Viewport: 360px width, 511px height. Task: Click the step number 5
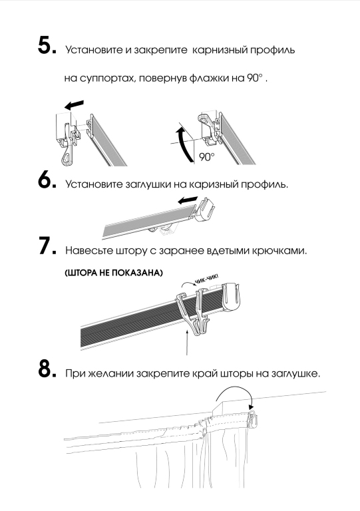coord(47,46)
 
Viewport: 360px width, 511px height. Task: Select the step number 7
coord(47,246)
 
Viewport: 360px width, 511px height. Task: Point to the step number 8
coord(47,369)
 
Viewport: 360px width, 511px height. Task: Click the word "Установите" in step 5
coord(94,50)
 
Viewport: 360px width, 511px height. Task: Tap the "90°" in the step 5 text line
coord(255,78)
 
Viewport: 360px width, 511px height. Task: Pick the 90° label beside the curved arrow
coord(207,157)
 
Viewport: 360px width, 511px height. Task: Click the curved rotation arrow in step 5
coord(183,143)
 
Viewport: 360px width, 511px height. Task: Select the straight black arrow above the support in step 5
coord(75,104)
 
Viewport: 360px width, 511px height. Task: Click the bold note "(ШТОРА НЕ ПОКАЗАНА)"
coord(114,273)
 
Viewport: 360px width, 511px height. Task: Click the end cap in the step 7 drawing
coord(232,297)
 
